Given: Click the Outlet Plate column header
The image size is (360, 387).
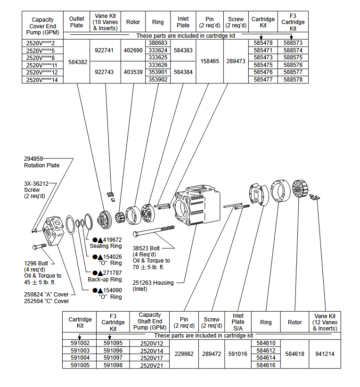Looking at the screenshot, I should point(76,22).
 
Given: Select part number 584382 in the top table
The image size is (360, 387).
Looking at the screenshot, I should point(78,62).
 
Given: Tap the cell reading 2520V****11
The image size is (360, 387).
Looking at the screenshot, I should point(42,65).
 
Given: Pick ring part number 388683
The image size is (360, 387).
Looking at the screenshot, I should point(158,43).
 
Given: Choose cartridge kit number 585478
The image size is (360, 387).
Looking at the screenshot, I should point(263,43).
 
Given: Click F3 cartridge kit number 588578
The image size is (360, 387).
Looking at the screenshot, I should point(293,80).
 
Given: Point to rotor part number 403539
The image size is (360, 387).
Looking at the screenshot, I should point(133,72).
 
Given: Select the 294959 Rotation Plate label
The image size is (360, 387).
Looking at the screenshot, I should point(41,162).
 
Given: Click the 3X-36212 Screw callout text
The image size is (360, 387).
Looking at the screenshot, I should point(37,189).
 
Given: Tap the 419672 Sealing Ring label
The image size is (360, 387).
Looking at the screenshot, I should point(106,243).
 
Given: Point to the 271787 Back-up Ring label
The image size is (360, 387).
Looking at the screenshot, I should point(106,276).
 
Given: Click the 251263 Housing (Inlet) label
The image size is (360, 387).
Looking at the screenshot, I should point(153,286).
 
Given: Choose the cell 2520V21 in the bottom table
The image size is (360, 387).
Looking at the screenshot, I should point(151,365).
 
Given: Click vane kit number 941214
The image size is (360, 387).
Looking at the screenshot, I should point(325,354).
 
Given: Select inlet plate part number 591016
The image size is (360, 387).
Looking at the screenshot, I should point(238,354).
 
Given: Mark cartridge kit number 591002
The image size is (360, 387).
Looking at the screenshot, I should point(80,343).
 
